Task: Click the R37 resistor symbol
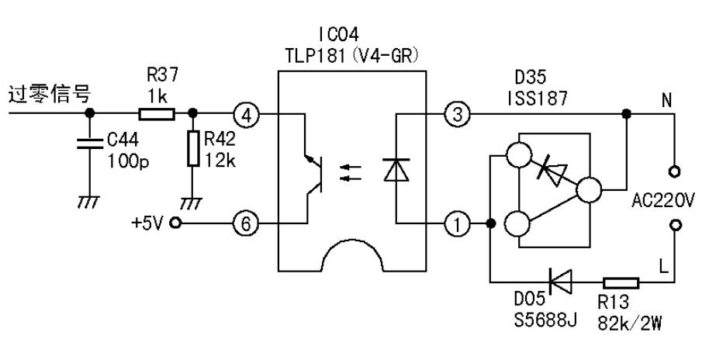pos(156,114)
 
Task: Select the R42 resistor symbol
pos(192,150)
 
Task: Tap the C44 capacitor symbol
pos(90,146)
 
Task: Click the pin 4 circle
pos(246,115)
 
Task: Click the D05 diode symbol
pos(556,282)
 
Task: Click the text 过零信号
pos(48,95)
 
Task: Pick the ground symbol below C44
pos(90,200)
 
